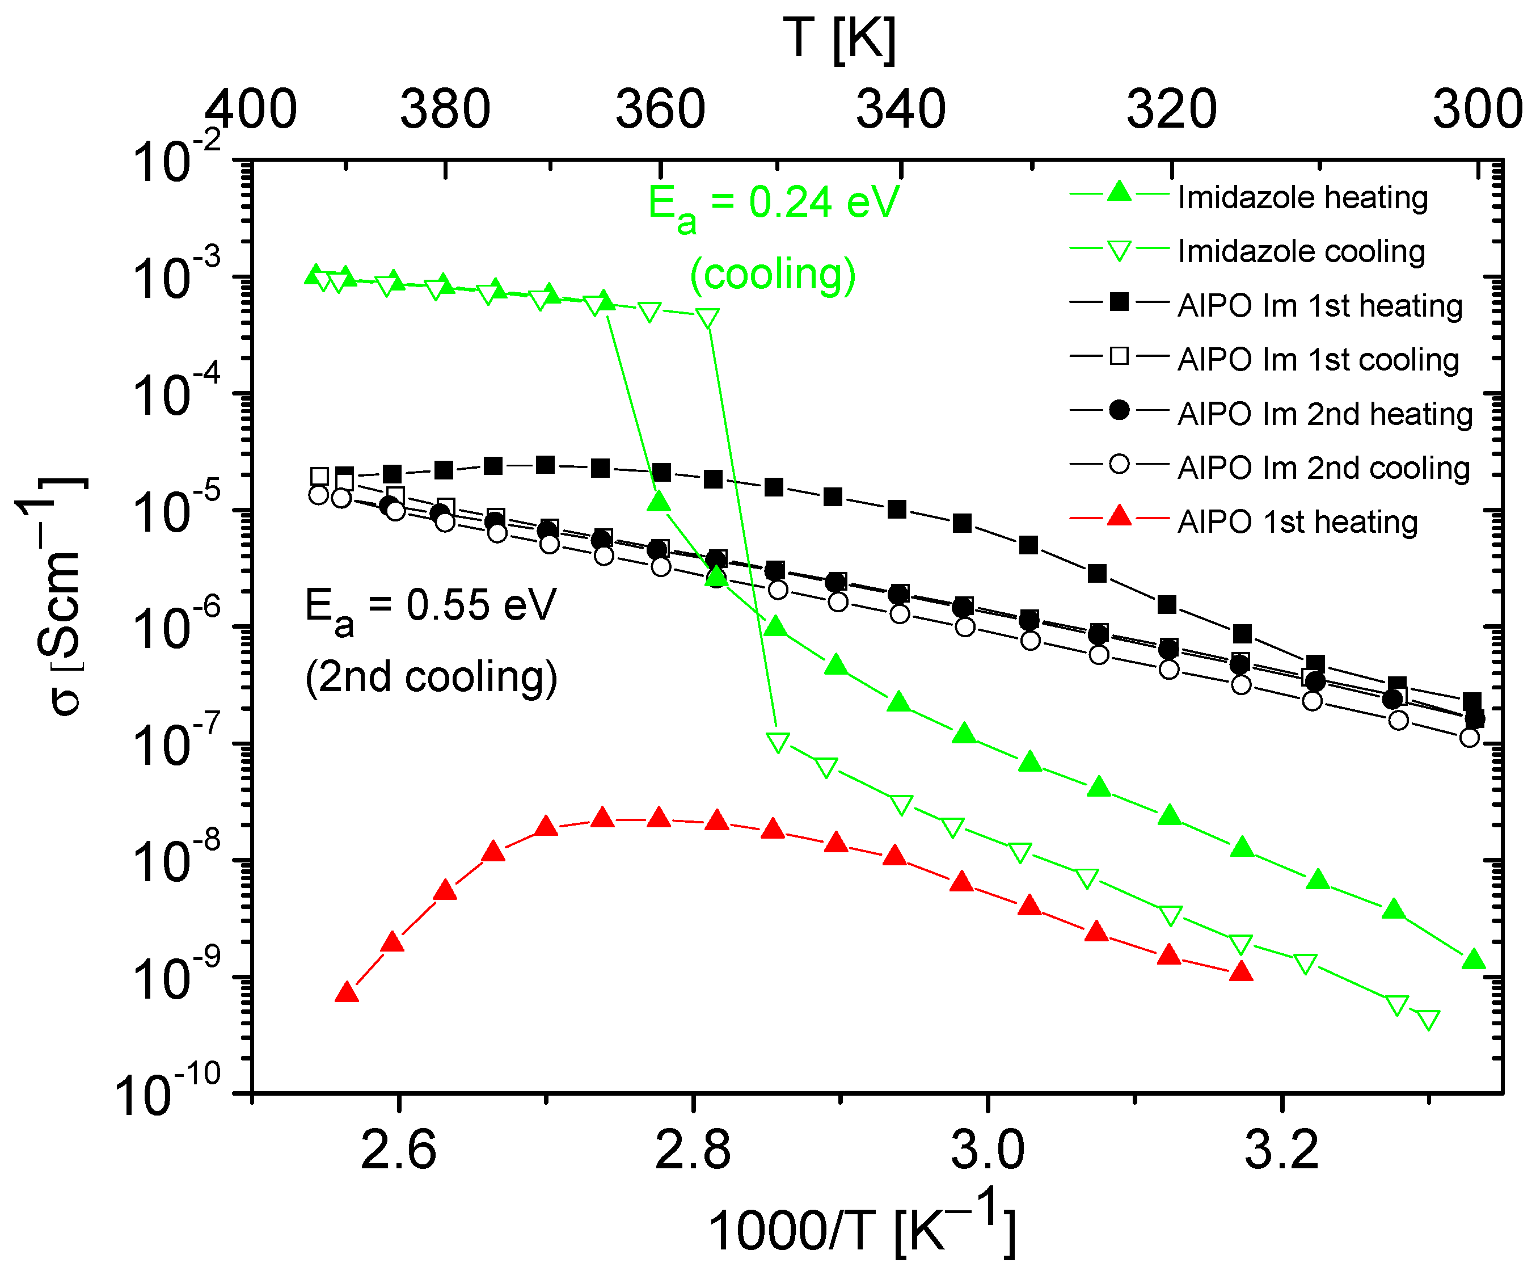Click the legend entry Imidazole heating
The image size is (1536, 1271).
point(1302,197)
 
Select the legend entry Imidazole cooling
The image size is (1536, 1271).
point(1301,252)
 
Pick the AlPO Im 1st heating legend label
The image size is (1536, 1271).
point(1319,306)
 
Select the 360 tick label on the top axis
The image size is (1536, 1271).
point(660,110)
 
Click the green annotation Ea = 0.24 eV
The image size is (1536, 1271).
point(773,205)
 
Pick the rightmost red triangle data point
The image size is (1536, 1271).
point(1241,973)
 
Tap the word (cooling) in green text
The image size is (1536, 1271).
point(773,275)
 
